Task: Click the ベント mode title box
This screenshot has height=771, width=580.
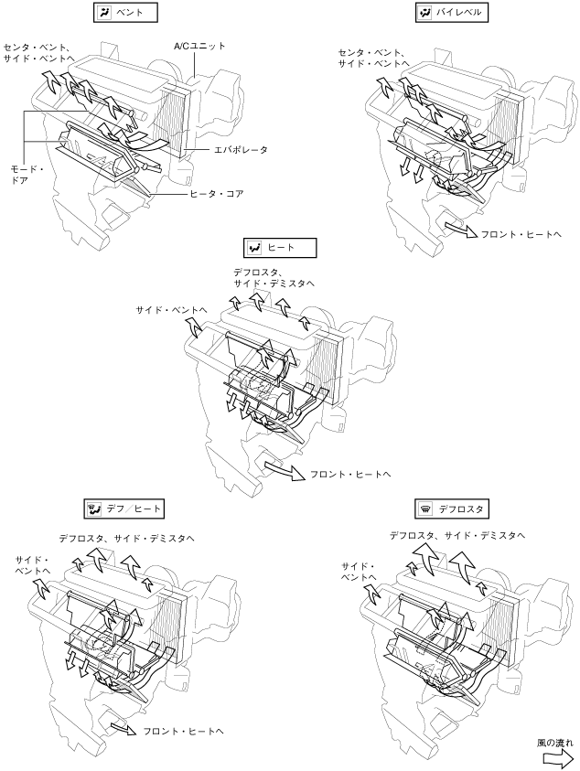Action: (126, 12)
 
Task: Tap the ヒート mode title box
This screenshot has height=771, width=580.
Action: (281, 248)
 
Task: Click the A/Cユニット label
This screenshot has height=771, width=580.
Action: (199, 45)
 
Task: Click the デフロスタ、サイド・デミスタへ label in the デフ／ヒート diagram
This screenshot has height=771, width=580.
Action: (126, 539)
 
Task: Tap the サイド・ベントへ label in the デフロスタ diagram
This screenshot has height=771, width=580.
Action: (360, 572)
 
